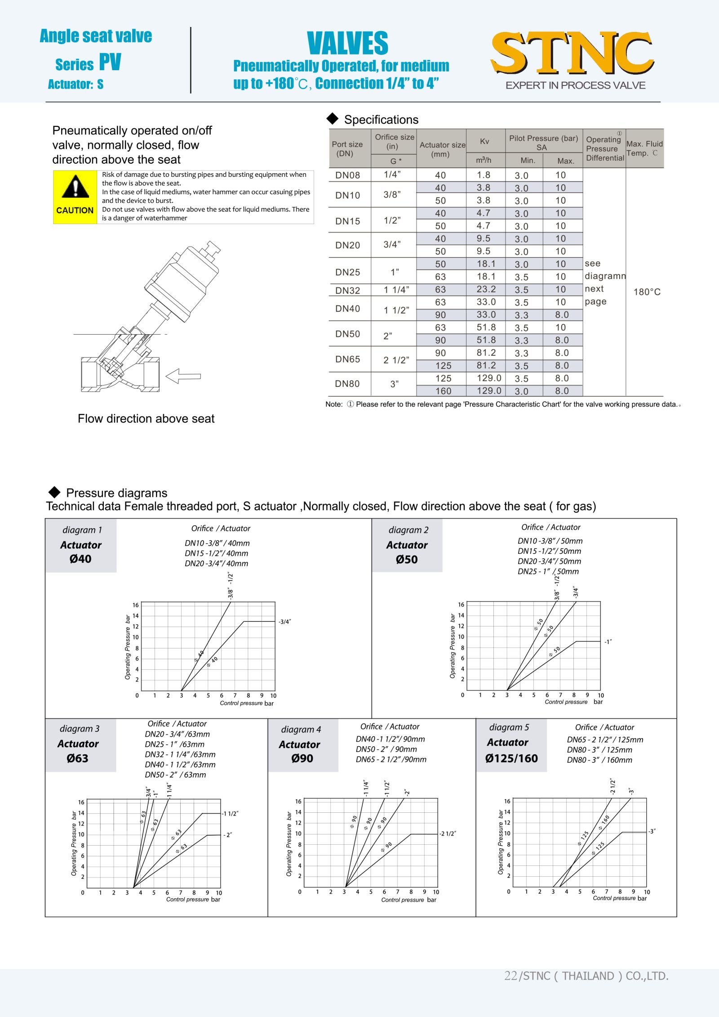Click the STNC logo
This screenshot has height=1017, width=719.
(x=572, y=53)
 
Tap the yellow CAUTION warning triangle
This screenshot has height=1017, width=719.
(x=75, y=187)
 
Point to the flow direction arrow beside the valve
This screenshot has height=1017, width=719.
(x=183, y=376)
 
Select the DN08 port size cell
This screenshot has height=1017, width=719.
(x=347, y=175)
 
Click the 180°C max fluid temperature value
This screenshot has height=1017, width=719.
(x=647, y=292)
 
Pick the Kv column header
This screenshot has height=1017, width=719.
(x=484, y=141)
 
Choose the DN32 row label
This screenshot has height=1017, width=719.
(x=347, y=291)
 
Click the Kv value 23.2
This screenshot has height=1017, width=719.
(x=486, y=289)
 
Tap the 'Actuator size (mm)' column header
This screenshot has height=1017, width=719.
(x=442, y=149)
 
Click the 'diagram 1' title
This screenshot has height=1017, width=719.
(x=82, y=530)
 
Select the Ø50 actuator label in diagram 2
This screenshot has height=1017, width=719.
(x=407, y=559)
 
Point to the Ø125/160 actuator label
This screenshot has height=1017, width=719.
(x=511, y=758)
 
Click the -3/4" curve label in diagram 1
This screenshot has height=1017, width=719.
(x=284, y=622)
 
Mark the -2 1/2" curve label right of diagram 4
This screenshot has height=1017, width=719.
(x=448, y=833)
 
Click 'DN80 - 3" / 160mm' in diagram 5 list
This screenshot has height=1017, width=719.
(x=599, y=760)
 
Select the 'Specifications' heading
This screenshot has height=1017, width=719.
(x=381, y=120)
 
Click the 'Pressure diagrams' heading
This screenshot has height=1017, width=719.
(x=116, y=493)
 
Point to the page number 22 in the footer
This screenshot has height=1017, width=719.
(x=510, y=976)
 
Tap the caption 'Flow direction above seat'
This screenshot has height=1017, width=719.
(x=146, y=419)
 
